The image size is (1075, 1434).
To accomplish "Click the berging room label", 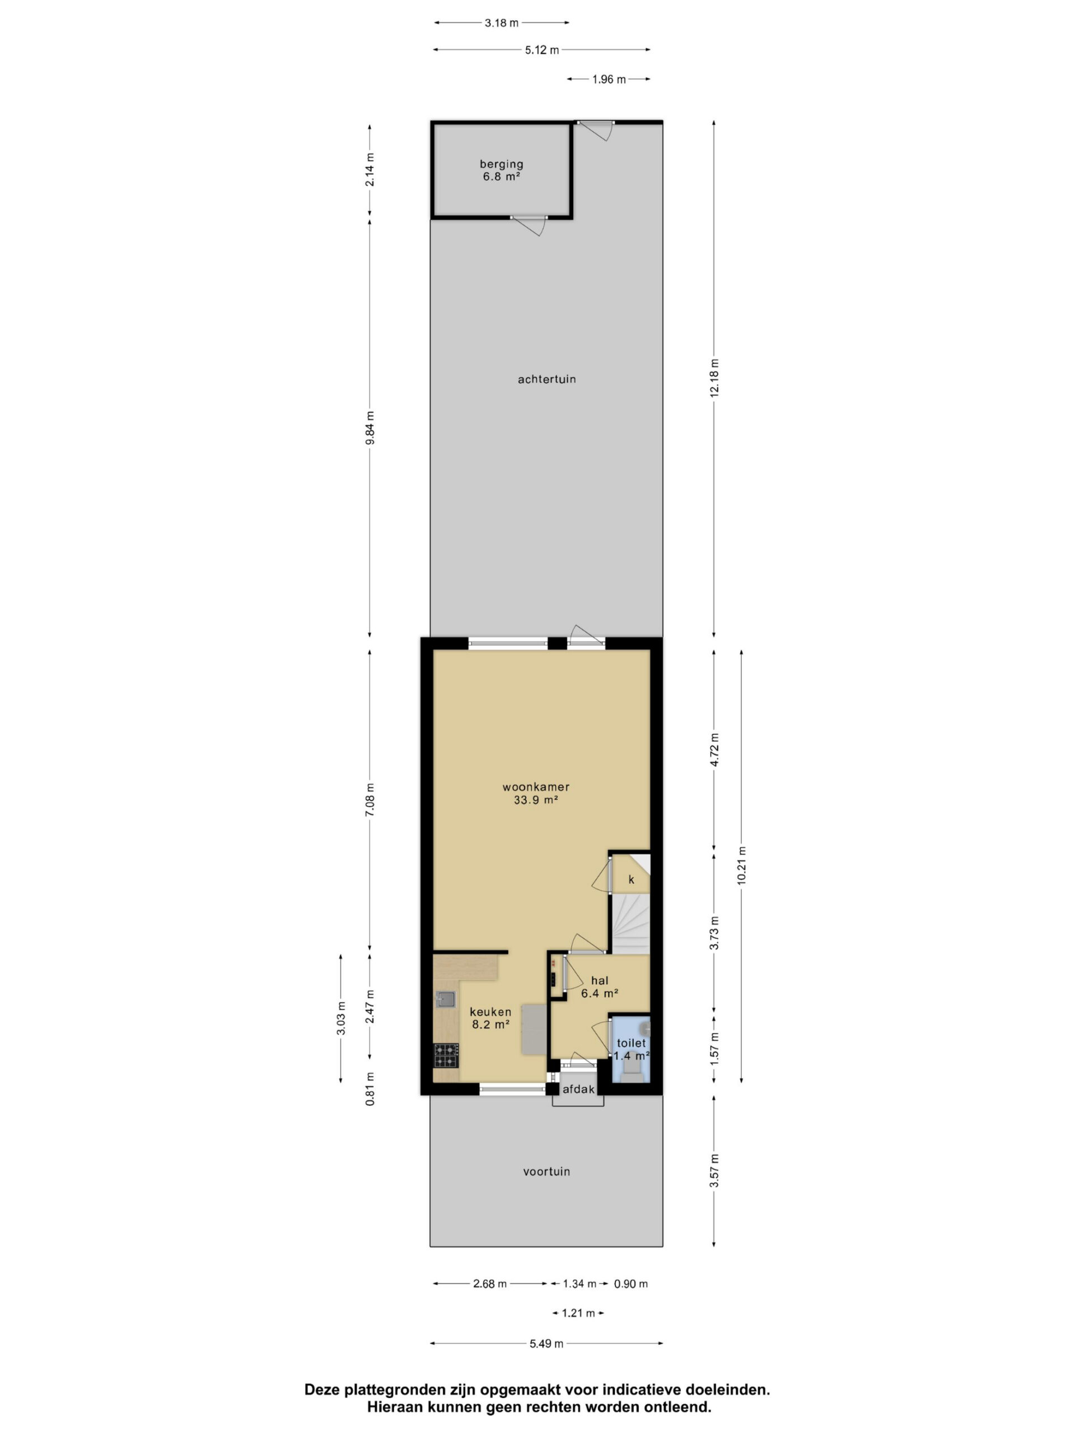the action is coord(501,170).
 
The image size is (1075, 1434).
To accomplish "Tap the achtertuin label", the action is coord(546,379).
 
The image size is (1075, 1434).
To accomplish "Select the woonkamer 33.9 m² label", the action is coord(536,793).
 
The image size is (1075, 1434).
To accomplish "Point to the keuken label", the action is coord(490,1011).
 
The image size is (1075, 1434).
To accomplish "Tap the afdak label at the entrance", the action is coord(578,1090).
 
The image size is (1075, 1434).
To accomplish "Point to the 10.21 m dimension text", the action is coord(741,865).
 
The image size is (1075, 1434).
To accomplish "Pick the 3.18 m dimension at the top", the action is coord(502,24).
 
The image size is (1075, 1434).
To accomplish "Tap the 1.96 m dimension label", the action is coord(609,80).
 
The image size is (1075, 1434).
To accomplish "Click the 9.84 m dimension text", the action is coord(370,428).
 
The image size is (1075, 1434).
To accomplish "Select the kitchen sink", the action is coord(445,999).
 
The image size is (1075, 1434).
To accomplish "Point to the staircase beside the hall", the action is coord(631,923).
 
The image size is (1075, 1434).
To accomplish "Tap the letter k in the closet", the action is coord(631,879).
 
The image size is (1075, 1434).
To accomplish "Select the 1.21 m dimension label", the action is coord(578,1314).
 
